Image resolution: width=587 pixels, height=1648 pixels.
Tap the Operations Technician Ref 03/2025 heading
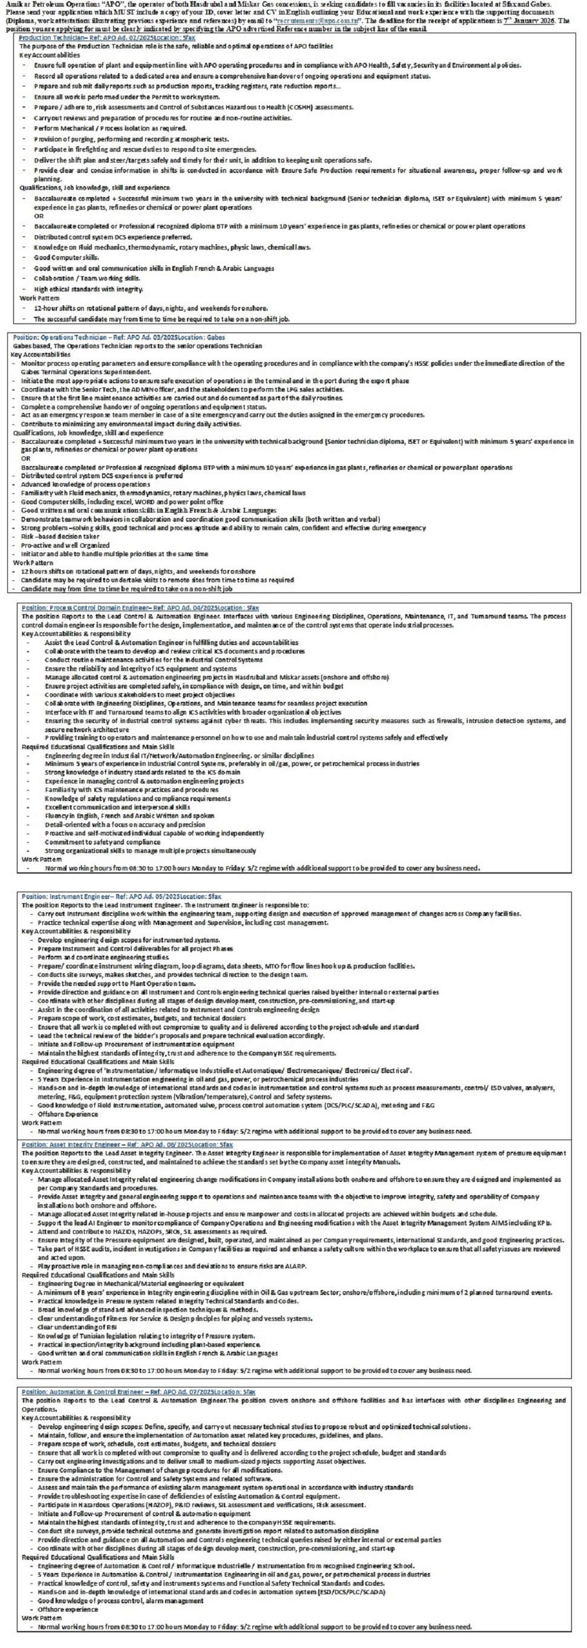pos(119,337)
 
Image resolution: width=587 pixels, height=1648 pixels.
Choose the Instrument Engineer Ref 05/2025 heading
pos(121,897)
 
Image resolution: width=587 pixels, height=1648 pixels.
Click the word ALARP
pos(295,1266)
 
